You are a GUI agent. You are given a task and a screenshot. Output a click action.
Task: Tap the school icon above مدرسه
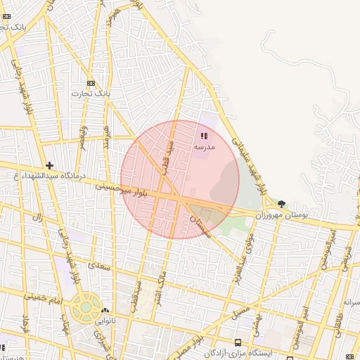click(x=204, y=136)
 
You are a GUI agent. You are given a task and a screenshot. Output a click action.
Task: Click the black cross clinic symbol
click(x=49, y=165)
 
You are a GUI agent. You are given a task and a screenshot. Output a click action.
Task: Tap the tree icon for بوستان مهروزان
click(x=281, y=204)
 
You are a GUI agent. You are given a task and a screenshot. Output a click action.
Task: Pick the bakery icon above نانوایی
click(x=105, y=310)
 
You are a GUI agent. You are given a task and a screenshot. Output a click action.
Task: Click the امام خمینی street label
click(x=44, y=299)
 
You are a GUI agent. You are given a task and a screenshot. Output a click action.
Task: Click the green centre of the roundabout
click(x=86, y=307)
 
